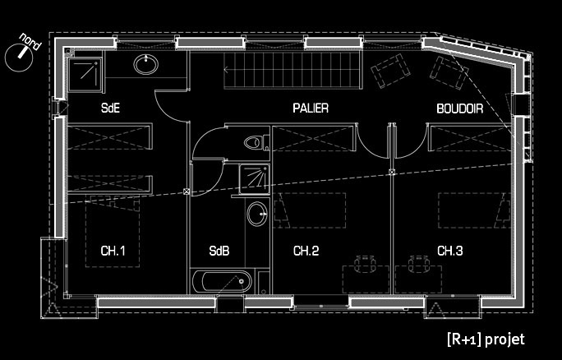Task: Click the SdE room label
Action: pyautogui.click(x=111, y=108)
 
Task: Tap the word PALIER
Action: pyautogui.click(x=311, y=108)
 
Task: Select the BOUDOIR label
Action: pyautogui.click(x=459, y=108)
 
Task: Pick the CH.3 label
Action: pyautogui.click(x=449, y=251)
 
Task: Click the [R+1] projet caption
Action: pyautogui.click(x=485, y=339)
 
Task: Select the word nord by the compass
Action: pyautogui.click(x=30, y=39)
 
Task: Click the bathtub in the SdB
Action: pyautogui.click(x=219, y=281)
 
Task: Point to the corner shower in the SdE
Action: pyautogui.click(x=85, y=75)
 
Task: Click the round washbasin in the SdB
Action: pyautogui.click(x=256, y=216)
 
